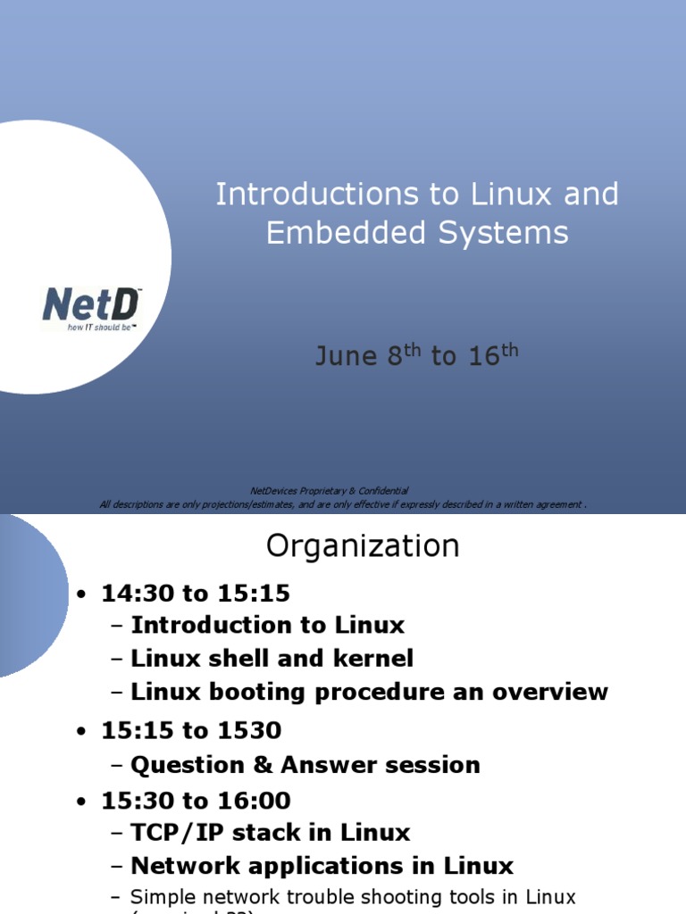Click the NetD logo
(x=90, y=305)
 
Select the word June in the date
(x=346, y=356)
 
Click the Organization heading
(x=363, y=545)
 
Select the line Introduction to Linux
(x=267, y=625)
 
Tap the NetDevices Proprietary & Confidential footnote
(x=330, y=490)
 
